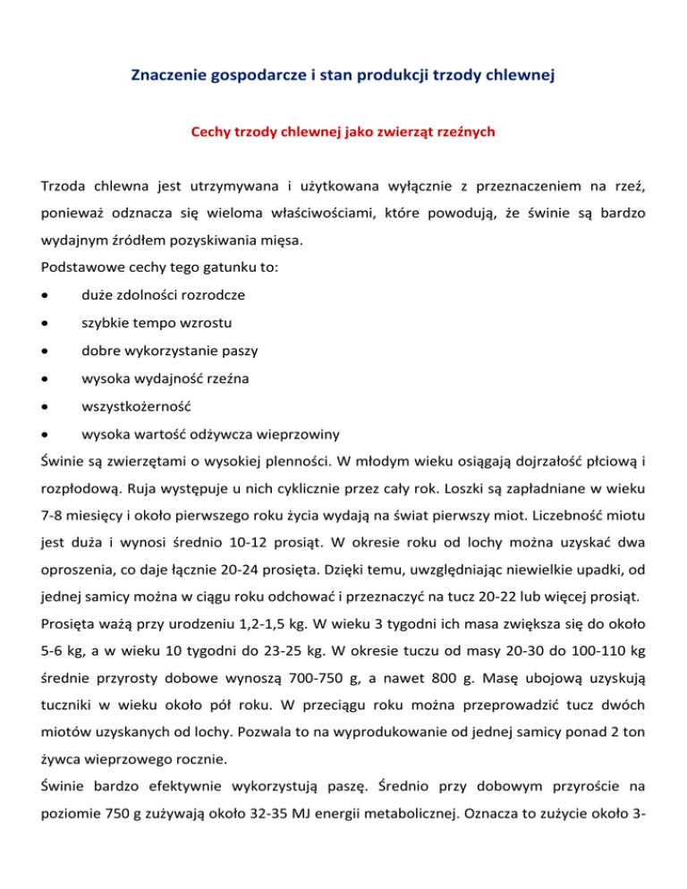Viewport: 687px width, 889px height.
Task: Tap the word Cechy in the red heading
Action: (x=210, y=132)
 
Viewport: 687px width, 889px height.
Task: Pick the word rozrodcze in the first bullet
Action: (x=213, y=294)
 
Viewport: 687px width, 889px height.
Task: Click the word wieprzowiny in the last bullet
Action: (x=298, y=435)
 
